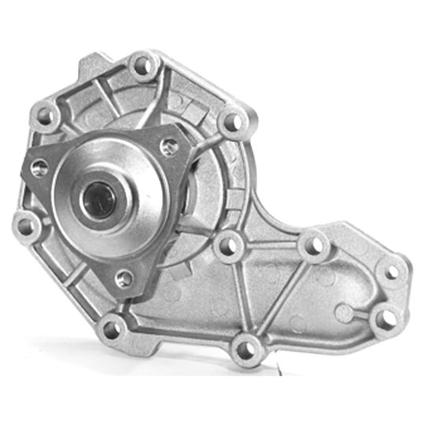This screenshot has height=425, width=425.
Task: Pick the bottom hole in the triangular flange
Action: coord(123,277)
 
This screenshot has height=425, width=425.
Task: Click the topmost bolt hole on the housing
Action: coord(142,65)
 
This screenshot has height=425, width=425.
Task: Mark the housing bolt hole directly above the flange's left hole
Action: coord(44,116)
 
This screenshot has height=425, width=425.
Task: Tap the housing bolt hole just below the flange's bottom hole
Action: coord(113,326)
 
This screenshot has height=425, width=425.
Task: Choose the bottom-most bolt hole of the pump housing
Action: coord(246,346)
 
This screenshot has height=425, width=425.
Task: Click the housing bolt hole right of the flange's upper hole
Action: coord(232,123)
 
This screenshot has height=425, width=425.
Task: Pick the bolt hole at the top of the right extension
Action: coord(312,245)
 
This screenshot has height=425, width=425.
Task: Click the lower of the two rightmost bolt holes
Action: coord(384,317)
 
